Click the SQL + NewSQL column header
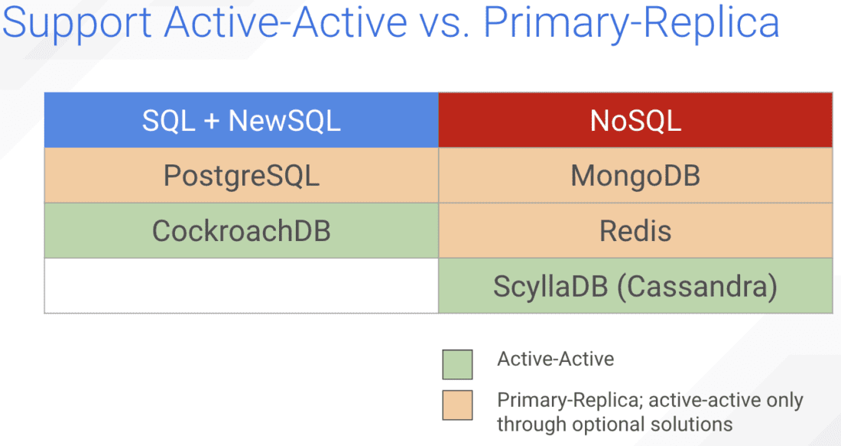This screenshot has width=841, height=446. (x=241, y=120)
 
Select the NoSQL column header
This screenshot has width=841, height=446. (x=635, y=120)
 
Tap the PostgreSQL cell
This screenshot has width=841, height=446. (x=241, y=176)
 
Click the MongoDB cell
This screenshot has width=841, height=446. (x=635, y=176)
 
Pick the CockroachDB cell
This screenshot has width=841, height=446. (x=241, y=230)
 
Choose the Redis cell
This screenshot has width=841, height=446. (x=635, y=230)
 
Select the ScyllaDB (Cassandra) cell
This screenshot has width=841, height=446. (x=635, y=286)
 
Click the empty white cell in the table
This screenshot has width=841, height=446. (x=241, y=286)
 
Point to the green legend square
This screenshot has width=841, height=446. (x=457, y=364)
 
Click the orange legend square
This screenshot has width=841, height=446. (x=457, y=405)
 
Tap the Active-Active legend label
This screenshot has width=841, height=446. (x=555, y=359)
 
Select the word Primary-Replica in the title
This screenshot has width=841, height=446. (x=632, y=23)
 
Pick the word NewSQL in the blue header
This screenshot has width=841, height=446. (x=284, y=120)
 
